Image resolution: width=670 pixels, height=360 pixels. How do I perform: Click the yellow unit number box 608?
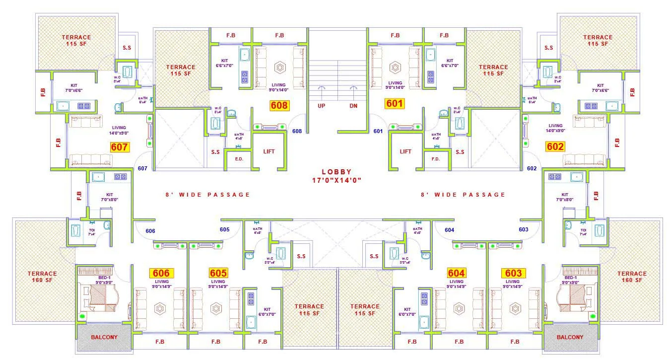tap(279, 105)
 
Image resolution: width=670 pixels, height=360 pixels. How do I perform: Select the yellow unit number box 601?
tap(395, 104)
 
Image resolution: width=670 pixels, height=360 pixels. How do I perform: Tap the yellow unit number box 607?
tap(120, 147)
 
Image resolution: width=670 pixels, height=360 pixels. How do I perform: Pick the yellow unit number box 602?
tap(555, 146)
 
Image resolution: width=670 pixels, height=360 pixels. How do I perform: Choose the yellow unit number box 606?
tap(161, 273)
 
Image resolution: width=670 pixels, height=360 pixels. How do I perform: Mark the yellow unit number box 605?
tap(218, 273)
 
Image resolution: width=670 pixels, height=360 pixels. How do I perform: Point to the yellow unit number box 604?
tap(456, 273)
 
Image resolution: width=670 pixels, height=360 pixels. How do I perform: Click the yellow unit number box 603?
tap(514, 273)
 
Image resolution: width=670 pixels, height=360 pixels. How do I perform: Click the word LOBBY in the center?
tap(336, 172)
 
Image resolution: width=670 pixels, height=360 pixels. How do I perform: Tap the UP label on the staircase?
tap(321, 106)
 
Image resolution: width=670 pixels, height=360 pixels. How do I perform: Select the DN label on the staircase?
tap(353, 106)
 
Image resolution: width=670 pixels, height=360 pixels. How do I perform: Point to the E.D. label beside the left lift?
tap(239, 159)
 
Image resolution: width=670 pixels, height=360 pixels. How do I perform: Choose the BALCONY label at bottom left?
tap(104, 337)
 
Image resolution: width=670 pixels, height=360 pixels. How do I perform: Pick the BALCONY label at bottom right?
tap(570, 337)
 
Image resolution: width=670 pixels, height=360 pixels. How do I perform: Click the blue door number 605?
tap(224, 229)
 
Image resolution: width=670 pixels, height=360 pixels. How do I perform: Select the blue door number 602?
tap(532, 168)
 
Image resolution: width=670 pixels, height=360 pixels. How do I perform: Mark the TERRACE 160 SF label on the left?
tap(42, 277)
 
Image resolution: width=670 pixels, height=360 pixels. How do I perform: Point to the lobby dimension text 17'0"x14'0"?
tap(336, 180)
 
